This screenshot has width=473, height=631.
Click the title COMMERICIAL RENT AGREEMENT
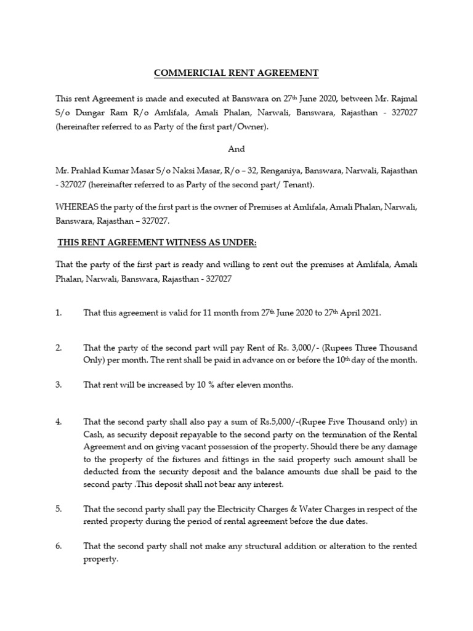pos(236,73)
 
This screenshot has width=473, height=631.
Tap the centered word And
pos(236,149)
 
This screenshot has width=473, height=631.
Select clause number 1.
pos(59,313)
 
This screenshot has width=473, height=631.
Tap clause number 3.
pos(59,385)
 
